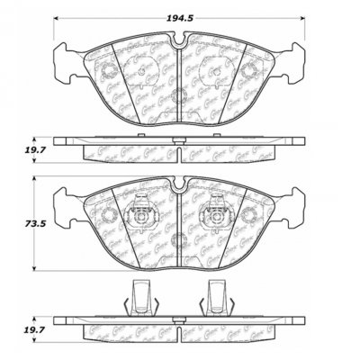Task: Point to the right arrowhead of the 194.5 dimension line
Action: tap(305, 20)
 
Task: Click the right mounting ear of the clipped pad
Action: tap(296, 203)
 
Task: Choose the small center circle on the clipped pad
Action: tap(179, 239)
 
